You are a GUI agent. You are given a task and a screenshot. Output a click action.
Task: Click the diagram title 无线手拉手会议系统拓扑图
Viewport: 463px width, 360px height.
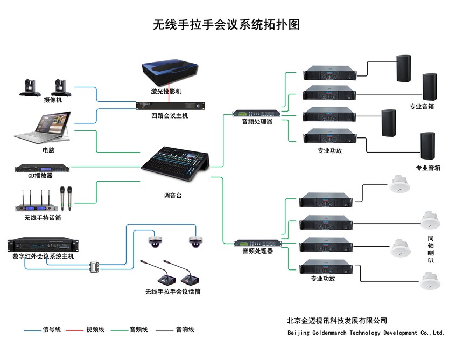227,24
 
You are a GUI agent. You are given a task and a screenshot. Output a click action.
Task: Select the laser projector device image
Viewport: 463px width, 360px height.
170,73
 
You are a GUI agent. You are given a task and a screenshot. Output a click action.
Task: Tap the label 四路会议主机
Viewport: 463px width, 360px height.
170,116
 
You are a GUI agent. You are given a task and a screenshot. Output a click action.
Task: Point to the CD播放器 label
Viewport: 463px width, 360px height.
41,176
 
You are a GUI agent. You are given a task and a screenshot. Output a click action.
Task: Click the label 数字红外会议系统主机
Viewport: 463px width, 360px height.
43,257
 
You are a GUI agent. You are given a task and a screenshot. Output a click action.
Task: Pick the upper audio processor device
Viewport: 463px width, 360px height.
256,113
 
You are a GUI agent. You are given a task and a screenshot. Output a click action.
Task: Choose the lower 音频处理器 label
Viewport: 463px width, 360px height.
257,251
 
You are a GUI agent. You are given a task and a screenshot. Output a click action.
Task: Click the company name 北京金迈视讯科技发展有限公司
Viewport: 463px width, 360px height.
337,321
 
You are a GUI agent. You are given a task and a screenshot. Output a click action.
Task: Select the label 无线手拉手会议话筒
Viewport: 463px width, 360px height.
173,292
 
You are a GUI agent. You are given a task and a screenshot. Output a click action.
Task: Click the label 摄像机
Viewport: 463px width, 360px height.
53,100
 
